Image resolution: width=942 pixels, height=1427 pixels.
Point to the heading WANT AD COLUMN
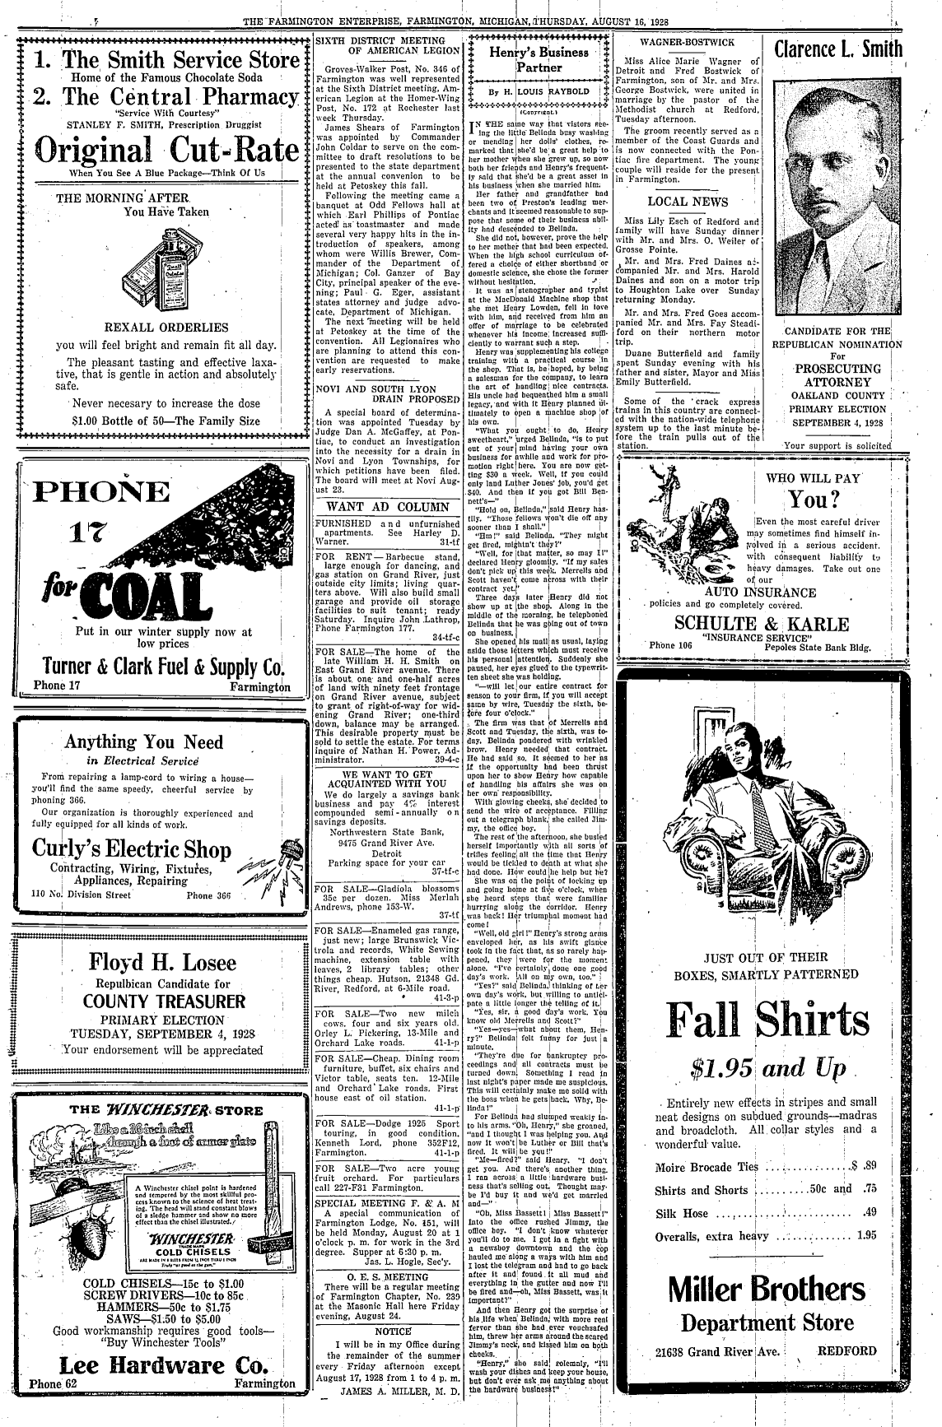[x=388, y=507]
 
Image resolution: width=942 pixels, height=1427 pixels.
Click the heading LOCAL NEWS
[x=688, y=202]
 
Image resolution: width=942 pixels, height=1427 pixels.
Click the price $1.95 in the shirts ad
[x=724, y=1069]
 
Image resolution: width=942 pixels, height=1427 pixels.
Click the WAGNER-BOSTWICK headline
[x=688, y=41]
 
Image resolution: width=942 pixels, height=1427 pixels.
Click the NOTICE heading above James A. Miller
[x=392, y=1331]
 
